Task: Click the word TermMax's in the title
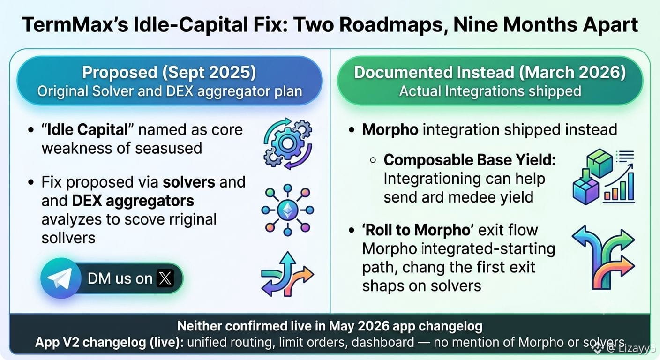(75, 25)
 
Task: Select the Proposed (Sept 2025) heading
(169, 73)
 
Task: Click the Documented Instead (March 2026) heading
(490, 73)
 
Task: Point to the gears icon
(288, 143)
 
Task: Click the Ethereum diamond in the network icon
(288, 210)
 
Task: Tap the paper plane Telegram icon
(60, 278)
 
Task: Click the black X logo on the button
(165, 278)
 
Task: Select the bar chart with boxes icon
(604, 177)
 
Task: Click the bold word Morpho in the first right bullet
(390, 130)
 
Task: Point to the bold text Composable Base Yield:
(470, 160)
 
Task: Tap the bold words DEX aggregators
(133, 201)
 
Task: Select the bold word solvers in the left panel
(189, 182)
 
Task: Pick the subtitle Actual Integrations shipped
(490, 91)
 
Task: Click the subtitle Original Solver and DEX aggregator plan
(170, 91)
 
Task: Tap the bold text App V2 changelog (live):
(109, 342)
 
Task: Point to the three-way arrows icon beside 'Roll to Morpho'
(603, 257)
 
